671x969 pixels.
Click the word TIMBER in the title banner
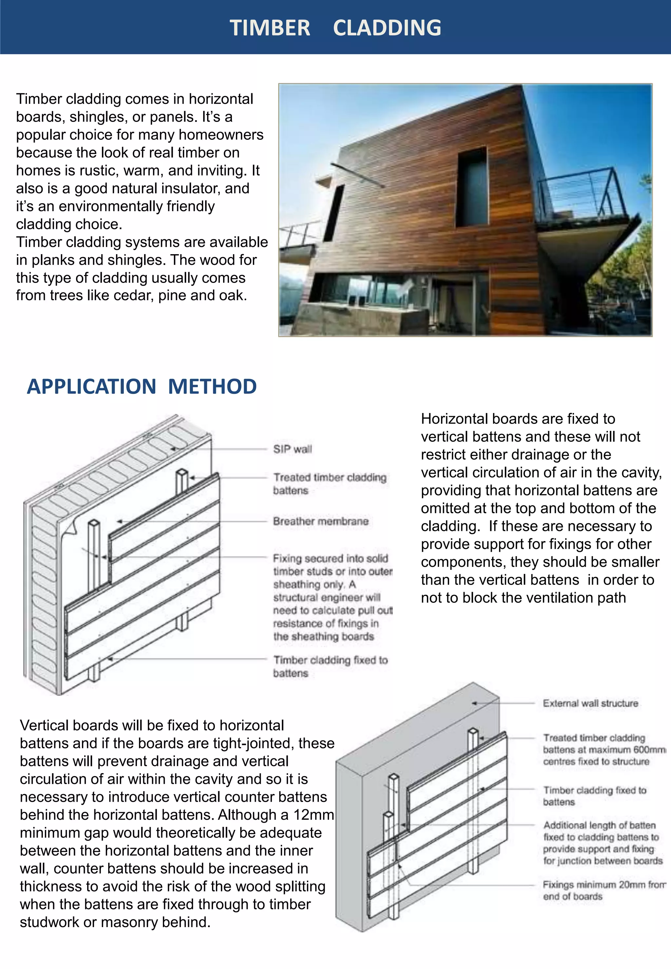[270, 28]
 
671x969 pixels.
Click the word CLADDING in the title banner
[387, 28]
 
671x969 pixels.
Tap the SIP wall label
[292, 449]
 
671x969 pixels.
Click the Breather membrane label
[320, 521]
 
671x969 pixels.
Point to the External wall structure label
[590, 703]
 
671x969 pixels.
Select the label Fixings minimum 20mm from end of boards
[604, 890]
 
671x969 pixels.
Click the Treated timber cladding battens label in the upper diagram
[329, 484]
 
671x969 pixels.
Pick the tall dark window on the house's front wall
[472, 188]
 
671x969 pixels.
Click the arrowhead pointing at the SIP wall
[173, 449]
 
